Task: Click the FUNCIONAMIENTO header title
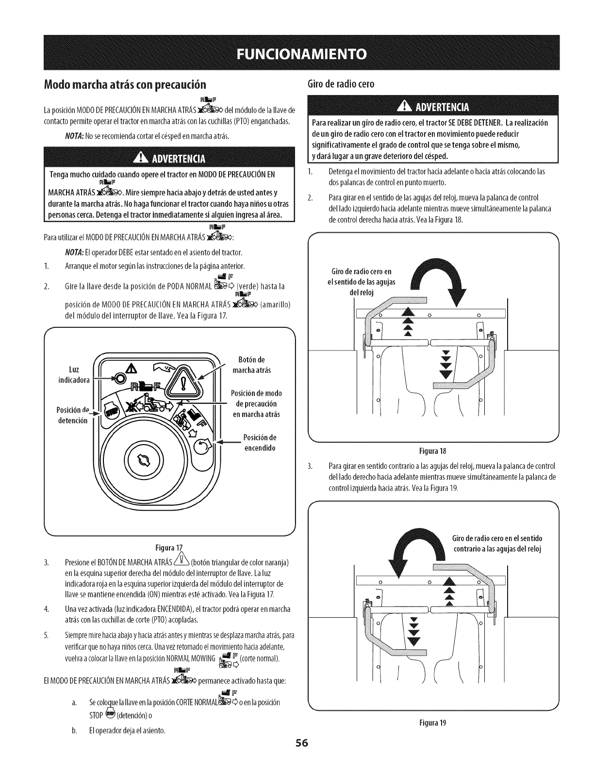tap(297, 53)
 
